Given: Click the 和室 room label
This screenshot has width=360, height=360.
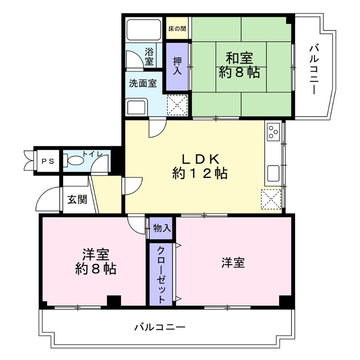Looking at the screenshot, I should [x=239, y=58].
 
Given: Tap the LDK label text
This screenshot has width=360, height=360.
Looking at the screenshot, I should [x=200, y=158].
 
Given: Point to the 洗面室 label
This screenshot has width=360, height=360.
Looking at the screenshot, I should [x=143, y=83].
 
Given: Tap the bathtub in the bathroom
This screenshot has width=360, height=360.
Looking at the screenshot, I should [x=143, y=29].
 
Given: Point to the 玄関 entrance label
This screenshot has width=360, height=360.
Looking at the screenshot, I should [x=77, y=199].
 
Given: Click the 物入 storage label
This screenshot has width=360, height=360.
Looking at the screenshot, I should [x=162, y=228].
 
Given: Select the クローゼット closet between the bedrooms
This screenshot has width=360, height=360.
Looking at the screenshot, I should [x=161, y=274].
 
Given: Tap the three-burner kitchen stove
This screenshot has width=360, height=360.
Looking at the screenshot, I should [x=274, y=132].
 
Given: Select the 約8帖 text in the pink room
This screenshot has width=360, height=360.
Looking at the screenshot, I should [x=95, y=269].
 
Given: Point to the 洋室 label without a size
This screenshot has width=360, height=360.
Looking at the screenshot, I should [x=233, y=263].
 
